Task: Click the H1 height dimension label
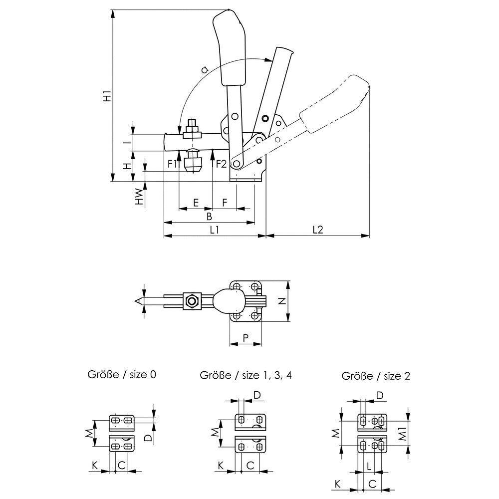tap(108, 96)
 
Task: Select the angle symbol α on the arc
tap(205, 69)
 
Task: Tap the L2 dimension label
tap(317, 230)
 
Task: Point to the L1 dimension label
tap(215, 230)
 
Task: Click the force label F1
tap(173, 164)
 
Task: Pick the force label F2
tap(222, 164)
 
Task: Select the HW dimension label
tap(139, 196)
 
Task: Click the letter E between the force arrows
tap(196, 203)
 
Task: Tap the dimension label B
tap(209, 217)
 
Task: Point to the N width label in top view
tap(281, 301)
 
